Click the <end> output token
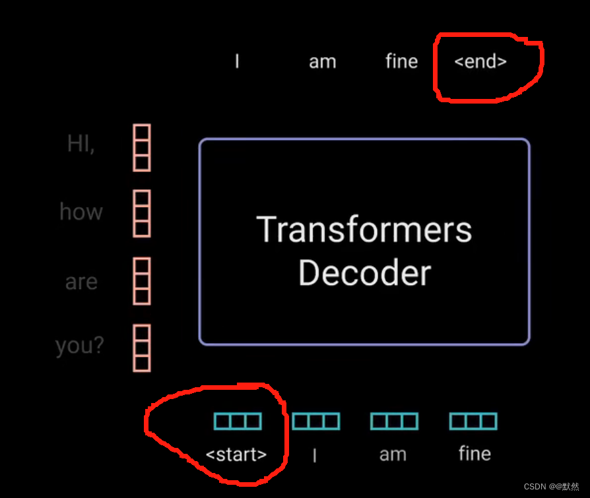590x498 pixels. (480, 62)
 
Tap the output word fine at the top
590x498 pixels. (401, 62)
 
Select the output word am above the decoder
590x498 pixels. (322, 62)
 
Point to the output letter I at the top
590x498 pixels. (237, 62)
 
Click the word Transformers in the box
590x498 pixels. (364, 230)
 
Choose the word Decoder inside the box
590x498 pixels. (364, 273)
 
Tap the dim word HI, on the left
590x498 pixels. (81, 144)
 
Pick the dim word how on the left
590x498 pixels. (81, 212)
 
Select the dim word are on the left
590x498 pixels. (81, 282)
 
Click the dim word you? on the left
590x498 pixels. (80, 346)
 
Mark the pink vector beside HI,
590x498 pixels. (142, 148)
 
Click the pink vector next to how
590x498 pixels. (142, 214)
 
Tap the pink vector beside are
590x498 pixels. (142, 281)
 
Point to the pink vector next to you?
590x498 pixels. (142, 348)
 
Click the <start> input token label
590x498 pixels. (236, 454)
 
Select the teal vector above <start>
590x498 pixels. (238, 421)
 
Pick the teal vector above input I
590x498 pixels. (315, 421)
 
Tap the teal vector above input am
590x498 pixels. (394, 421)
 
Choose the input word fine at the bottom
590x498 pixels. (475, 454)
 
